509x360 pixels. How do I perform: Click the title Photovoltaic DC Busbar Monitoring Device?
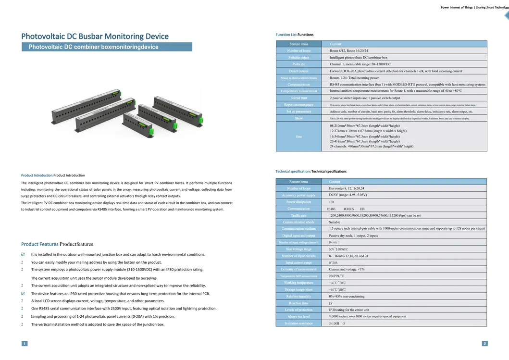point(95,37)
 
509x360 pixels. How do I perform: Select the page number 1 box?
point(24,343)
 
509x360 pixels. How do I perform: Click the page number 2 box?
point(484,343)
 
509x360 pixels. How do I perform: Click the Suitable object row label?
point(298,57)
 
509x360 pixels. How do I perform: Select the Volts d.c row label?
point(298,64)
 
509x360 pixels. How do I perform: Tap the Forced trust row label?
point(298,98)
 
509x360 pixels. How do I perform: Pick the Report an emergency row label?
point(298,104)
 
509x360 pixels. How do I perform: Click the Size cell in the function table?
point(298,137)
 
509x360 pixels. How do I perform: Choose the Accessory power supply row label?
point(298,195)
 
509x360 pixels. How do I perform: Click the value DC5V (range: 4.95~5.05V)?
point(348,195)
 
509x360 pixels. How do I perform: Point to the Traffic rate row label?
point(298,215)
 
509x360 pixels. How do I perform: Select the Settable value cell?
point(335,222)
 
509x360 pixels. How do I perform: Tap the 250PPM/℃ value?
point(336,276)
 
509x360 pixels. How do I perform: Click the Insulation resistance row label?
point(298,323)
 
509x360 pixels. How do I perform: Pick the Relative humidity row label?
point(298,296)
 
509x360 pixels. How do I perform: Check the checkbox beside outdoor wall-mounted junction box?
point(23,254)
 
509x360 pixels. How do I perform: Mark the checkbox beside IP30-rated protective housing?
point(23,293)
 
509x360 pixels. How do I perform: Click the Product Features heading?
point(57,244)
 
